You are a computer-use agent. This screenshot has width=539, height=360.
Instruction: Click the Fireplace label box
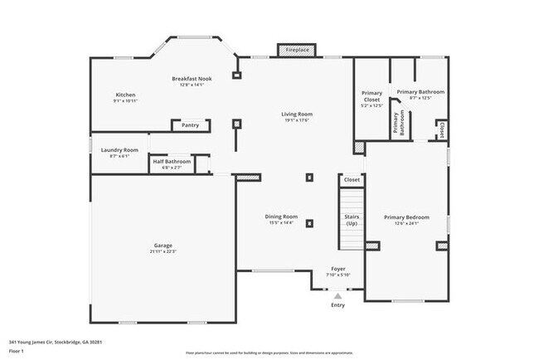(x=298, y=51)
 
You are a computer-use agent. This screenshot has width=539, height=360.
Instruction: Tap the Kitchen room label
(x=124, y=95)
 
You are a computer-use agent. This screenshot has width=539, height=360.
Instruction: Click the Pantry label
(x=190, y=125)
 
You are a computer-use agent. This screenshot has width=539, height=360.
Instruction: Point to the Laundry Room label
(x=119, y=150)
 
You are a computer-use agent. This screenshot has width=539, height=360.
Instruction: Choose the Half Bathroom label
(x=172, y=162)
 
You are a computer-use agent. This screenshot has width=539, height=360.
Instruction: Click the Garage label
(x=163, y=245)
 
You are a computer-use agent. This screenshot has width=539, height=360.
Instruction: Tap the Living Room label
(x=296, y=114)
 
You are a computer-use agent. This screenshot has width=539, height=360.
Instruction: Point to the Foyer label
(x=339, y=269)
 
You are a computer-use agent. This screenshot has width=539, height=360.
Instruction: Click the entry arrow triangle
(x=337, y=294)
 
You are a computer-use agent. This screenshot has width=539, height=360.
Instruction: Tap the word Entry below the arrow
(x=337, y=305)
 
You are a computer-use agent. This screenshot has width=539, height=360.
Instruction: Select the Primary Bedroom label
(x=406, y=217)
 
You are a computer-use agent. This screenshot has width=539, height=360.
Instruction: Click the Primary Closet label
(x=371, y=96)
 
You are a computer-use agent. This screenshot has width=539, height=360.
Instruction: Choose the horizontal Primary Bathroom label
(x=420, y=91)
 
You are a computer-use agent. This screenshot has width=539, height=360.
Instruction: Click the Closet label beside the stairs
(x=352, y=179)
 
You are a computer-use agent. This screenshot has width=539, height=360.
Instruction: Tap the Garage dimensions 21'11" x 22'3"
(x=163, y=251)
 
